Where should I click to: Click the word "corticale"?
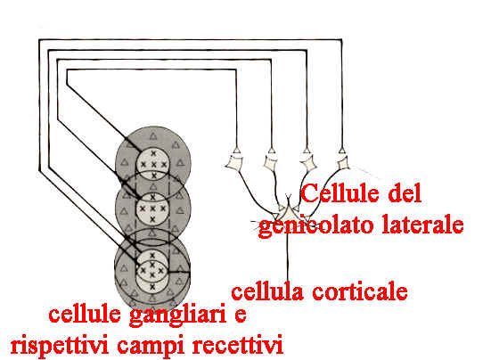[360, 291]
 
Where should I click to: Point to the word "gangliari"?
[177, 315]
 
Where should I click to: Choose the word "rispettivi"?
[60, 344]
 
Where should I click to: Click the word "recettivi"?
[237, 344]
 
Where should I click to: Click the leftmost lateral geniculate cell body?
[234, 163]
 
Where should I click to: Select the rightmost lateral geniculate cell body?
[343, 163]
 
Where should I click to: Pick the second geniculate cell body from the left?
[270, 163]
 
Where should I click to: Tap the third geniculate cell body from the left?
[308, 163]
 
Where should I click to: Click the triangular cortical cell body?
[288, 213]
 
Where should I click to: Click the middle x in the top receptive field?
[153, 164]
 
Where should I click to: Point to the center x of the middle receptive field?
[152, 209]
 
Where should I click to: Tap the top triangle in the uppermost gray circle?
[152, 135]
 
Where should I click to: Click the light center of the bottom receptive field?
[152, 270]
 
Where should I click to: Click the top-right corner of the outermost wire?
[341, 40]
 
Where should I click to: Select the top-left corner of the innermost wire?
[67, 70]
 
